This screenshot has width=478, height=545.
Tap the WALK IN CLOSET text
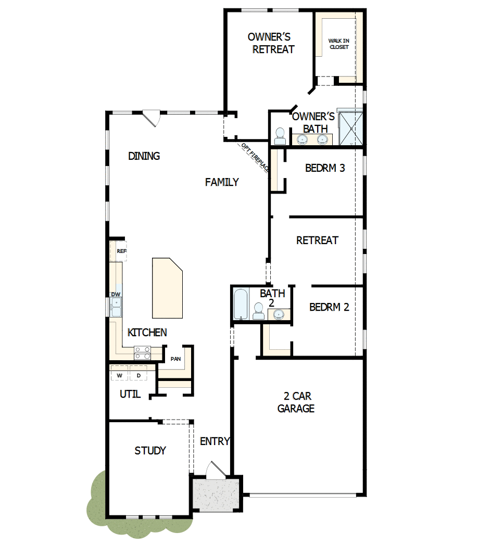[338, 44]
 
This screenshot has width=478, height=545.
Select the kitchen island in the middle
[167, 288]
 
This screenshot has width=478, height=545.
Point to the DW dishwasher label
[116, 295]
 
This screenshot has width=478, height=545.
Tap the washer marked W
[119, 375]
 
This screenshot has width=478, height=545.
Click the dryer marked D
[139, 375]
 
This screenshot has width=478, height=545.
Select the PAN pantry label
[175, 359]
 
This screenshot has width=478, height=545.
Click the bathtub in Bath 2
[240, 304]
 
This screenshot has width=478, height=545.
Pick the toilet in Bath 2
[258, 311]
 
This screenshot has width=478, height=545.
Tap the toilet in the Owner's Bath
[280, 136]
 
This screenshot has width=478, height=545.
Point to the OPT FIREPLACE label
[255, 157]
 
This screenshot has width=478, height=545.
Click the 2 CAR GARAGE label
[296, 402]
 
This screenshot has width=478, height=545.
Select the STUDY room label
[150, 451]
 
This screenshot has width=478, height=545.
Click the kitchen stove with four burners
[142, 353]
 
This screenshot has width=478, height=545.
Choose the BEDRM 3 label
[325, 168]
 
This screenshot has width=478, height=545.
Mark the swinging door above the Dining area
[152, 118]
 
